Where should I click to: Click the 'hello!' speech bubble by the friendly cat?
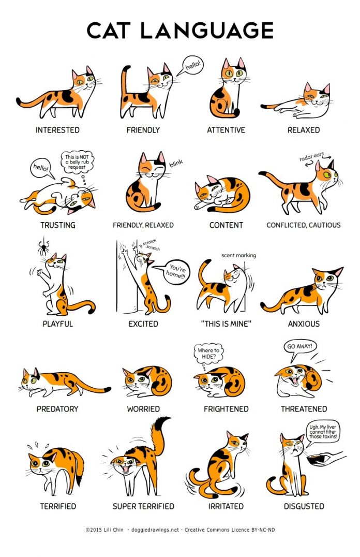coord(192,66)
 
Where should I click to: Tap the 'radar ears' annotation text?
coord(314,157)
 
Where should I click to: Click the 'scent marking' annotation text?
coord(238,255)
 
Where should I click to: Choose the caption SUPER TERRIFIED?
coord(143,506)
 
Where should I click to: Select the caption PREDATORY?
coord(57,409)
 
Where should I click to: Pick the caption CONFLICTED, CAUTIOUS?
coord(303,225)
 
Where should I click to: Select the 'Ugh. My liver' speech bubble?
coord(323,431)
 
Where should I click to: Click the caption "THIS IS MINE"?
coord(226,324)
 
